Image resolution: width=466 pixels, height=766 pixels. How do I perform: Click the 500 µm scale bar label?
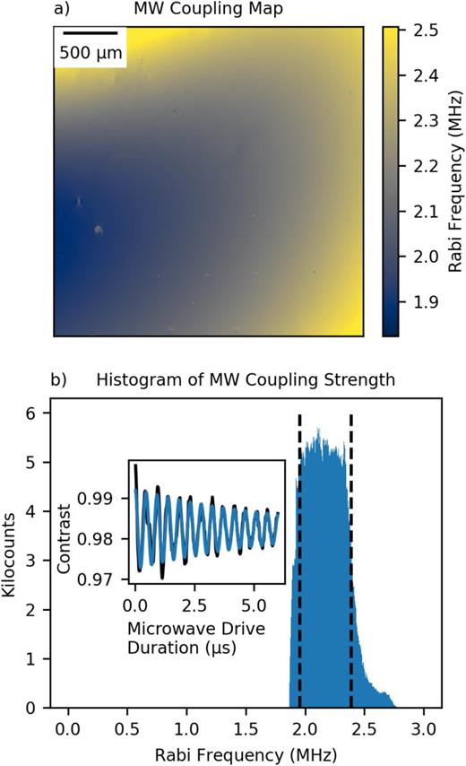pyautogui.click(x=90, y=54)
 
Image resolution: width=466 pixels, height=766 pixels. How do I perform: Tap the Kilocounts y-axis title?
pyautogui.click(x=12, y=557)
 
